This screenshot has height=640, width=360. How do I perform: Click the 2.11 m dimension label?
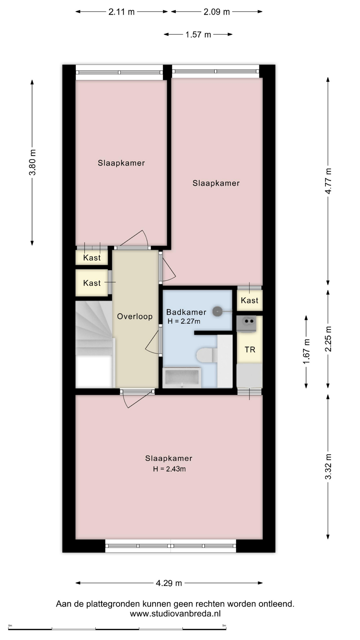(x=121, y=12)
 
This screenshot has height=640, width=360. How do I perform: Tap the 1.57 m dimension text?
(x=198, y=35)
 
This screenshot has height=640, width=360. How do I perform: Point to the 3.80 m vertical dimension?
(x=32, y=162)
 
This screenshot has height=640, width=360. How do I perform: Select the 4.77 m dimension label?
(x=328, y=181)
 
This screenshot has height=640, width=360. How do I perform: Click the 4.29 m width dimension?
(x=169, y=583)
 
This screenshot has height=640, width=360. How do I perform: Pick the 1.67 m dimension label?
(x=306, y=351)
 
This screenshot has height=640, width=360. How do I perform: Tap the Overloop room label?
(x=135, y=316)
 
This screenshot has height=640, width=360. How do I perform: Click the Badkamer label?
(x=186, y=312)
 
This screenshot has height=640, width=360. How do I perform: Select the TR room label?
(x=250, y=350)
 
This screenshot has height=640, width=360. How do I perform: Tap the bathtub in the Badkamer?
(x=182, y=378)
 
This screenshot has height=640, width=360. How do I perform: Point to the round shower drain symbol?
(x=217, y=312)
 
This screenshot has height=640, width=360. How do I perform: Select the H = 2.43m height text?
(x=169, y=469)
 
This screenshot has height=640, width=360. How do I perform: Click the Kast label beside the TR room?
(x=249, y=300)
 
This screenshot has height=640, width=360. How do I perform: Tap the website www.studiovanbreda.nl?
(x=175, y=614)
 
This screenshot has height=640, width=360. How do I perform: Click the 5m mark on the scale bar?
(x=224, y=626)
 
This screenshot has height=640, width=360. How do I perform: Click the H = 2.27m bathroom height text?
(x=184, y=321)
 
